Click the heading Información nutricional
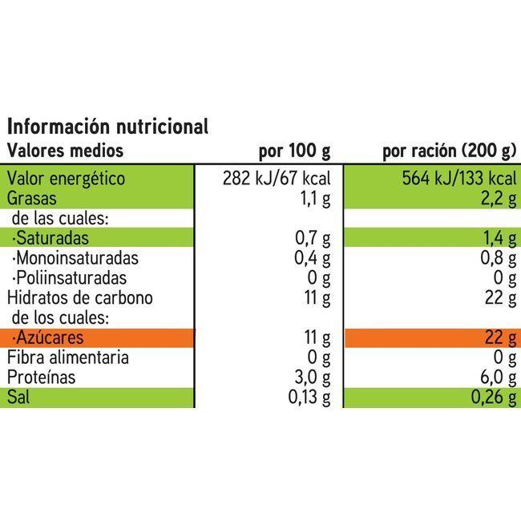tap(107, 127)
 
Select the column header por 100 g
tap(294, 151)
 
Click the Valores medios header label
tap(66, 150)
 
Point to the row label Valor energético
tap(67, 179)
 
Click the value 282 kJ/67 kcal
tap(277, 179)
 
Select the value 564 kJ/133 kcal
tap(458, 179)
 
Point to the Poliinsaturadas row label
tap(68, 278)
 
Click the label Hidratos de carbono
tap(80, 297)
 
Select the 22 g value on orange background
tap(497, 338)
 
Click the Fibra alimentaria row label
tap(68, 357)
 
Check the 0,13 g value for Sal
tap(309, 398)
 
